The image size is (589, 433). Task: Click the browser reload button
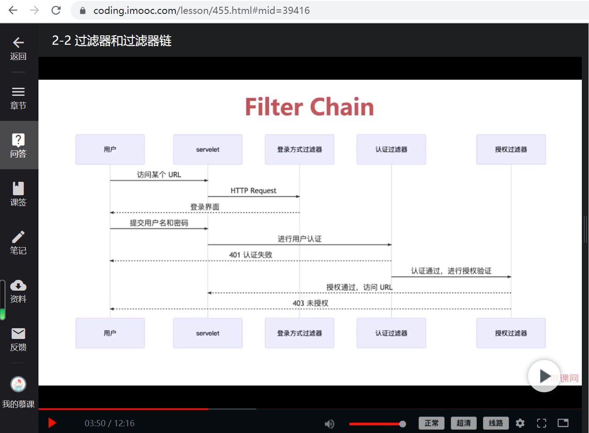pyautogui.click(x=56, y=10)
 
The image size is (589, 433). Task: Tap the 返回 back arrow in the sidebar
pyautogui.click(x=18, y=43)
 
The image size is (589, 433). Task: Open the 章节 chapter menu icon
pyautogui.click(x=18, y=92)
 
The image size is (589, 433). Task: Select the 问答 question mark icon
pyautogui.click(x=18, y=140)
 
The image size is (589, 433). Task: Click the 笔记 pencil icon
pyautogui.click(x=18, y=236)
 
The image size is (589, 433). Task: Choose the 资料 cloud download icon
pyautogui.click(x=18, y=285)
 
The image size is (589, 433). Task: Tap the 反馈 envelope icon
pyautogui.click(x=18, y=334)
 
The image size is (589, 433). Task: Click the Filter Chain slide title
pyautogui.click(x=309, y=107)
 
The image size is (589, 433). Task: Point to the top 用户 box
pyautogui.click(x=110, y=150)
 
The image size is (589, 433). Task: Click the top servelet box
pyautogui.click(x=208, y=150)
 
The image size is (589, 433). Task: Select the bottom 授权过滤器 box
pyautogui.click(x=511, y=333)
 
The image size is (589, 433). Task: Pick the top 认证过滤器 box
pyautogui.click(x=391, y=150)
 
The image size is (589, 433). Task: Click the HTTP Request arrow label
pyautogui.click(x=253, y=191)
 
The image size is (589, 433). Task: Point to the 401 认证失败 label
pyautogui.click(x=250, y=255)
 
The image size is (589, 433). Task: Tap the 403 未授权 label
pyautogui.click(x=310, y=303)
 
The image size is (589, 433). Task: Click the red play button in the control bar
pyautogui.click(x=52, y=423)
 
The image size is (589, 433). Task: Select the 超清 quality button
pyautogui.click(x=464, y=423)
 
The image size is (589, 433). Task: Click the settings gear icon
pyautogui.click(x=520, y=423)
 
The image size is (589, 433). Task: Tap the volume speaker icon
pyautogui.click(x=329, y=424)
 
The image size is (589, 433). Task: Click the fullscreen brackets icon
pyautogui.click(x=542, y=423)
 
